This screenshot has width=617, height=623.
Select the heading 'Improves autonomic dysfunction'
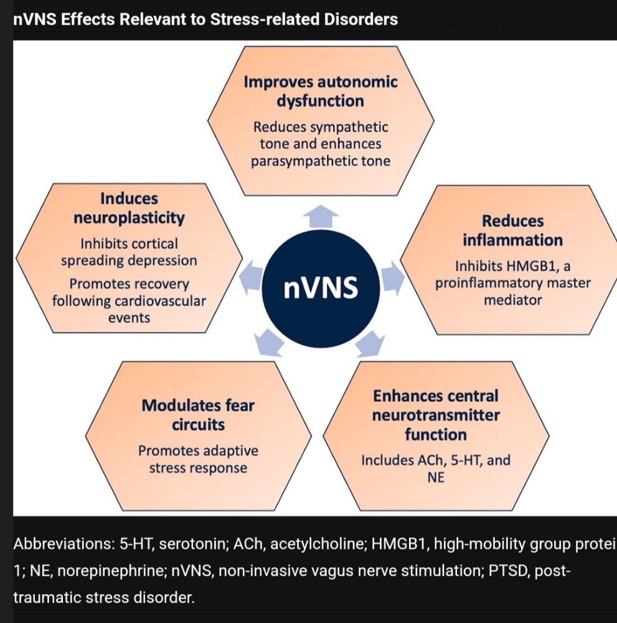coord(321,91)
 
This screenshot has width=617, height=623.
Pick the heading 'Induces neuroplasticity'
coord(128,208)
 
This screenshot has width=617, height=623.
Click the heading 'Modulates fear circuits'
coord(198,415)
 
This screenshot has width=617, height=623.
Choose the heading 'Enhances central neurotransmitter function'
coord(435,414)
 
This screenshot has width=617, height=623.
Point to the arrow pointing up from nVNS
coord(321,216)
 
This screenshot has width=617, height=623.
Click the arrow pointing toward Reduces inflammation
coord(391,277)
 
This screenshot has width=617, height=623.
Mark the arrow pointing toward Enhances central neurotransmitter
coord(369,343)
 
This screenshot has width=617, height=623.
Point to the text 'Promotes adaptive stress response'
coord(198,459)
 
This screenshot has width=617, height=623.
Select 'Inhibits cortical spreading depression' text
coord(128,252)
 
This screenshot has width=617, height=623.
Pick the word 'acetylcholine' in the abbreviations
coord(305,543)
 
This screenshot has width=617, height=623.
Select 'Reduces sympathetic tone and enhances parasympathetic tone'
coord(321,144)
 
